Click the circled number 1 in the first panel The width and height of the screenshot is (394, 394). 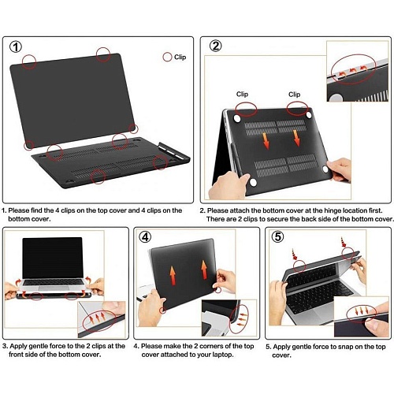click(16, 47)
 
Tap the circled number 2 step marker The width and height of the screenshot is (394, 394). click(215, 46)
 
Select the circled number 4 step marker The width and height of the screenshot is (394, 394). click(145, 237)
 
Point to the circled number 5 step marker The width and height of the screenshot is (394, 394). click(277, 236)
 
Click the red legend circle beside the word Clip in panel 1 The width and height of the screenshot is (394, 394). click(167, 57)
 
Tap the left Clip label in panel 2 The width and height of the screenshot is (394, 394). click(242, 94)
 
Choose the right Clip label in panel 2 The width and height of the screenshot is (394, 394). click(294, 95)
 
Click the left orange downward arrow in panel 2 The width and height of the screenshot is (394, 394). click(266, 141)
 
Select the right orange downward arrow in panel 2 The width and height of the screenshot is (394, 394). click(296, 138)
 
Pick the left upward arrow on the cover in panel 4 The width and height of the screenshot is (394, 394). click(173, 276)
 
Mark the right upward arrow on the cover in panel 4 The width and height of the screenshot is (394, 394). click(204, 269)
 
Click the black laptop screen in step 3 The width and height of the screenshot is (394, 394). click(53, 258)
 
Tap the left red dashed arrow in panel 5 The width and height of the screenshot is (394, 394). click(294, 254)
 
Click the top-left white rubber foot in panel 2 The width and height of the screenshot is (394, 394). click(237, 118)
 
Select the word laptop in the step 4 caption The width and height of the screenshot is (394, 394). click(223, 355)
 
